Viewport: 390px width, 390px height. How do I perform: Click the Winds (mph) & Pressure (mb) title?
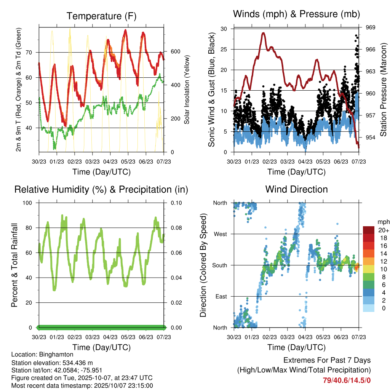pos(297,14)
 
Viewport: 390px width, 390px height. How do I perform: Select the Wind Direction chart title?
pos(296,189)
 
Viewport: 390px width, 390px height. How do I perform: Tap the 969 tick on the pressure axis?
pos(371,27)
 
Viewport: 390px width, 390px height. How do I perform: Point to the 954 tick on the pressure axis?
pos(371,137)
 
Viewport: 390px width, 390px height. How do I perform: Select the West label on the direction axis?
pos(220,234)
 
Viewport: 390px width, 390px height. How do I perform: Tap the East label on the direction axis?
pos(221,296)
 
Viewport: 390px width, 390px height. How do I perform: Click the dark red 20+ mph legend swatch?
pos(368,230)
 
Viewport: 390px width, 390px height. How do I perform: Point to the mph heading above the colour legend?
pos(383,222)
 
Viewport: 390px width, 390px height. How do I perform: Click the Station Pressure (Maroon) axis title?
pos(384,90)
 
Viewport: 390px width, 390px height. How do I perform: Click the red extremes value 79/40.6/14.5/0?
pos(347,380)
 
